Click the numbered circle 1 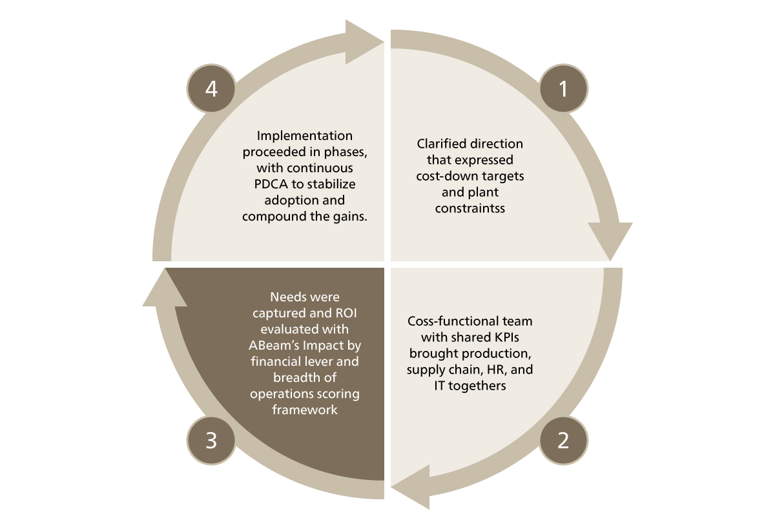point(563,88)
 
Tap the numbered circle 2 point(563,441)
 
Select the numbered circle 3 point(211,441)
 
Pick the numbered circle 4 point(211,88)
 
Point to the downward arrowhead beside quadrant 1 point(610,240)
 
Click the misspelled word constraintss point(470,208)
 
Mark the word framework point(305,410)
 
